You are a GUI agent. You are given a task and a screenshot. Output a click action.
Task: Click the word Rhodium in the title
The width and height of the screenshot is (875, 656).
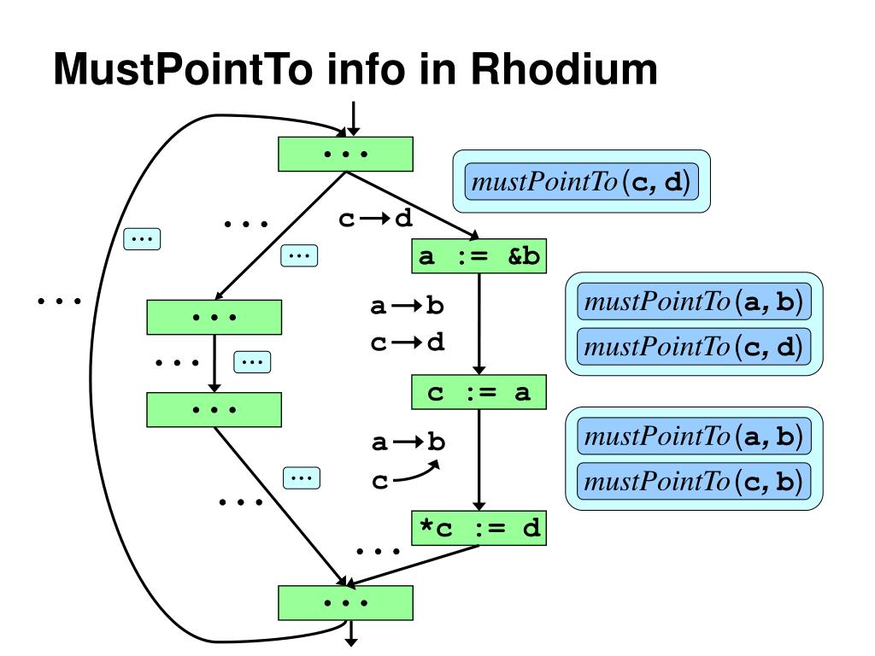pos(564,69)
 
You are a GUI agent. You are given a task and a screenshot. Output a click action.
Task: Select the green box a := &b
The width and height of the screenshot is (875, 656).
pos(479,256)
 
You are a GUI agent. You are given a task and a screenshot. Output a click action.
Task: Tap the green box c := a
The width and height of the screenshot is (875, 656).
pos(479,392)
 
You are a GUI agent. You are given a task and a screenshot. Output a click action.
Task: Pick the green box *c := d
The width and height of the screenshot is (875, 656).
pos(479,528)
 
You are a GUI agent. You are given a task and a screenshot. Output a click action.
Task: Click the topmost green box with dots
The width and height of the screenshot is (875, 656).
pos(345,154)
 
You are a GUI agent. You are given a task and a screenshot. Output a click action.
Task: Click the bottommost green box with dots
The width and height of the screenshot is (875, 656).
pos(345,603)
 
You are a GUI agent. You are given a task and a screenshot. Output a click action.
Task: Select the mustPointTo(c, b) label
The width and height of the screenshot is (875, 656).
pos(694,481)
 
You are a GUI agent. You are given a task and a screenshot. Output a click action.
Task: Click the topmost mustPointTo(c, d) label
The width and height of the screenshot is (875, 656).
pos(581,181)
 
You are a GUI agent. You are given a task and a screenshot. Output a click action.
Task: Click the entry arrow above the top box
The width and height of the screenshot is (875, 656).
pos(353,118)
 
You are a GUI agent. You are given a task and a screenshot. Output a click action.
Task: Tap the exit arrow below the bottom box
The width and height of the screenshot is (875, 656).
pos(351,634)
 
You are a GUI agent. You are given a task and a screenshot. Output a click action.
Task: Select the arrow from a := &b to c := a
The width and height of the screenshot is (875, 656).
pos(479,324)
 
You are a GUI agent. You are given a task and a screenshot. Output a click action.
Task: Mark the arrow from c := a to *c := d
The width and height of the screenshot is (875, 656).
pos(479,460)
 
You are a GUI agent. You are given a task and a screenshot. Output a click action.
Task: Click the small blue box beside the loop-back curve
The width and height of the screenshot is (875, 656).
pos(142,239)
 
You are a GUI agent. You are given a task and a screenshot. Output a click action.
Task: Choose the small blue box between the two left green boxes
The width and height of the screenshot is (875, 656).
pos(252,362)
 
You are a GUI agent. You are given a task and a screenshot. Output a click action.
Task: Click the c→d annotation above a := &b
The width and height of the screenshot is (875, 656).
pos(376,218)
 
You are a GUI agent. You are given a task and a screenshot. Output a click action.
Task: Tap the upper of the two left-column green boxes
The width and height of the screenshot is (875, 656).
pos(214,318)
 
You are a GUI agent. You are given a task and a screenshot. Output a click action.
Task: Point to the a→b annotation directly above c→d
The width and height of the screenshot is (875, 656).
pos(407,306)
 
